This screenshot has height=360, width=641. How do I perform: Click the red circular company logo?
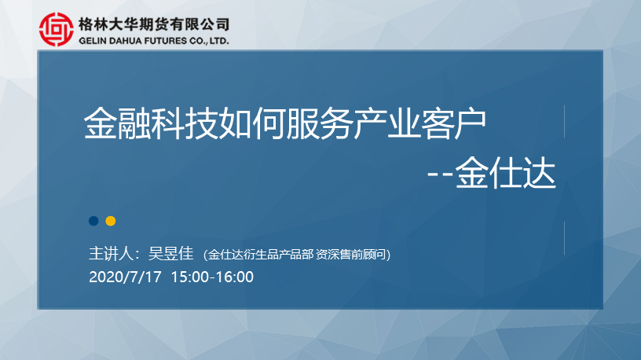57,29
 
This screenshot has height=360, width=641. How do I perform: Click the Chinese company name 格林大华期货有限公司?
154,24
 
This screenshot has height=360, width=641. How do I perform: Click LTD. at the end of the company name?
219,41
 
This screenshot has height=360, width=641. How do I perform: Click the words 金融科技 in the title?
151,123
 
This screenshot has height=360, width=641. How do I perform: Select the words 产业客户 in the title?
419,123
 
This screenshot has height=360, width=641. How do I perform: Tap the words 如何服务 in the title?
285,123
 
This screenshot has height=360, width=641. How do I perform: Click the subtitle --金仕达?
492,173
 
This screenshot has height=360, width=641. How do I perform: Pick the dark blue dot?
93,221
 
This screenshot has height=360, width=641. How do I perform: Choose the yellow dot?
111,221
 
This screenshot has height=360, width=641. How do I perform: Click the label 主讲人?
112,254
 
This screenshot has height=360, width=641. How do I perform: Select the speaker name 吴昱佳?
171,254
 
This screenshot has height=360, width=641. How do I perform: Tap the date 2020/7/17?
125,277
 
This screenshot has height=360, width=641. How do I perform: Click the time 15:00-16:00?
212,277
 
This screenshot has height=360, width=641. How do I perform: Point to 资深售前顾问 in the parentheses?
351,255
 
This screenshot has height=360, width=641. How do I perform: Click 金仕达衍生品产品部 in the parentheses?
261,255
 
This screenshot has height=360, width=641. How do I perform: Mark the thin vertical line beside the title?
565,122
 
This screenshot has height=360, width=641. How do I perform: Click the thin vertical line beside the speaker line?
565,238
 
